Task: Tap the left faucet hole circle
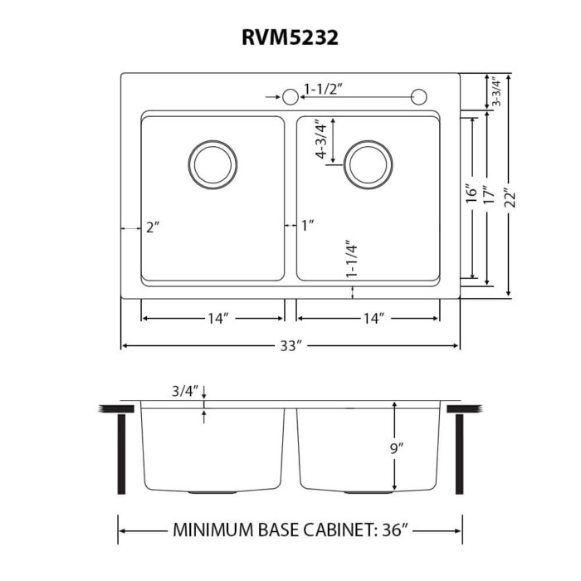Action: point(290,97)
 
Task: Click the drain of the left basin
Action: point(213,163)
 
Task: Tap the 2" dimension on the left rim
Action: point(150,227)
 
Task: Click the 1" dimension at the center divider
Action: point(308,226)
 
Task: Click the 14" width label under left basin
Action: point(218,319)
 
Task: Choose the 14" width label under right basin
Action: point(373,319)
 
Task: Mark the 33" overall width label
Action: point(290,346)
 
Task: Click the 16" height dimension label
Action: point(471,198)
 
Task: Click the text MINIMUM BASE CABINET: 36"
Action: point(290,529)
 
